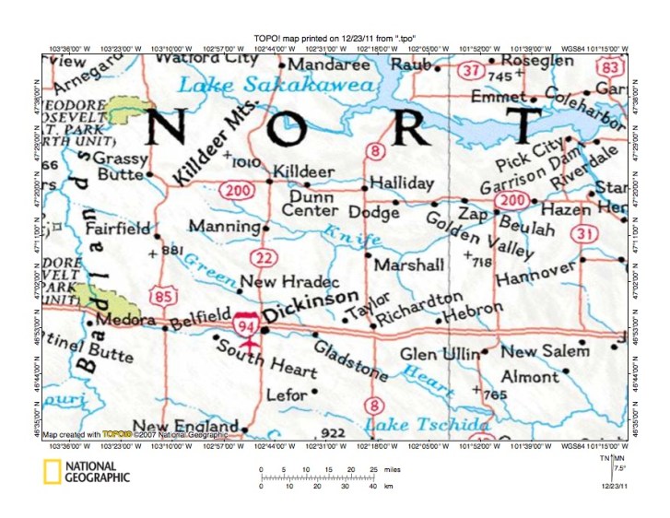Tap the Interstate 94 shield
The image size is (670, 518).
[245, 324]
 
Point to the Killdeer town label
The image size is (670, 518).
[304, 171]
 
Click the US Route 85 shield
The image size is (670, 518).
[166, 296]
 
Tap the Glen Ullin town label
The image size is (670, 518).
[439, 354]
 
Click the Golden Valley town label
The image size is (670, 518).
[478, 234]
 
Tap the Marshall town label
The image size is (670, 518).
[409, 265]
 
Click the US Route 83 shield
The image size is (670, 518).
[608, 67]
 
